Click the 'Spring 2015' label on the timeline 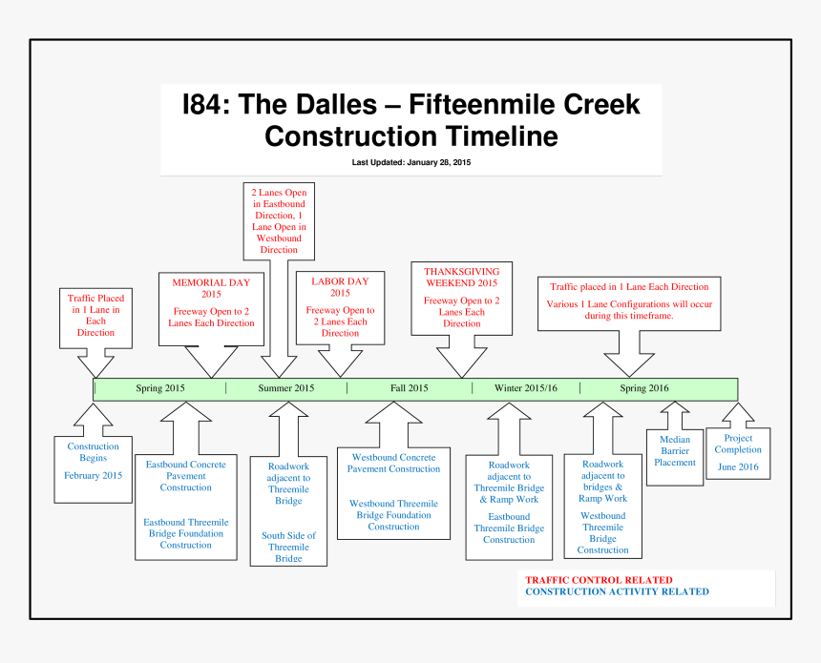[x=160, y=388]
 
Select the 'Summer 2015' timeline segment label [x=285, y=388]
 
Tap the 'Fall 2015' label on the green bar [x=409, y=388]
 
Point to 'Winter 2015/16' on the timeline [x=525, y=388]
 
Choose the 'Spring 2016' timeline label [x=644, y=388]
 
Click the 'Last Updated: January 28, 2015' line [x=410, y=162]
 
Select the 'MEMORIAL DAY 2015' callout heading [x=211, y=288]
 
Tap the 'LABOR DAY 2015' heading [x=340, y=287]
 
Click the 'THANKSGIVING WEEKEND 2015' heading [x=461, y=278]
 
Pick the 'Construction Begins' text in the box [x=94, y=452]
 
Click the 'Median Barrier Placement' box [x=675, y=451]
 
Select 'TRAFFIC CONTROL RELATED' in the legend [x=599, y=580]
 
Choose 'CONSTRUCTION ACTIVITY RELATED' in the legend [x=617, y=591]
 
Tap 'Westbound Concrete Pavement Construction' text [x=393, y=464]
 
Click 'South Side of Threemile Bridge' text [x=288, y=547]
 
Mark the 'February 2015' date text [x=94, y=475]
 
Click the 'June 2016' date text [x=738, y=466]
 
